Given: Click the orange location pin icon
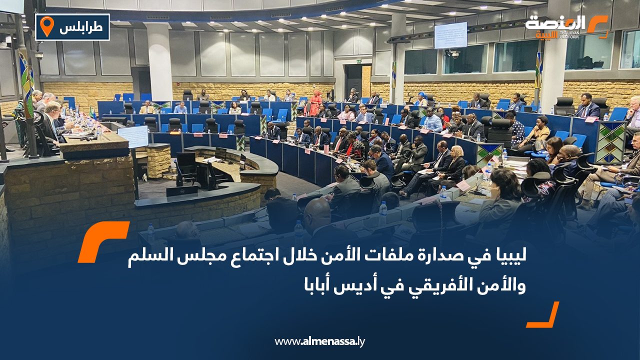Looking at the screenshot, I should tap(46, 26).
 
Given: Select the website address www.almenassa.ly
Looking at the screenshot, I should tap(319, 342).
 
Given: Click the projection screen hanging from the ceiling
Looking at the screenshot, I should tap(450, 35).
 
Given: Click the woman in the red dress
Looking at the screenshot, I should tap(315, 103).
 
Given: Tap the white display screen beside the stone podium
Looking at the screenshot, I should tap(132, 136).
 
